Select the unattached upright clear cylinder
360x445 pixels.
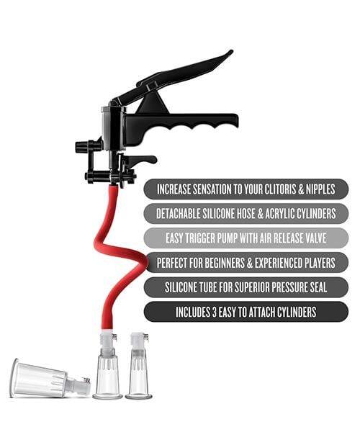point(138,367)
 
